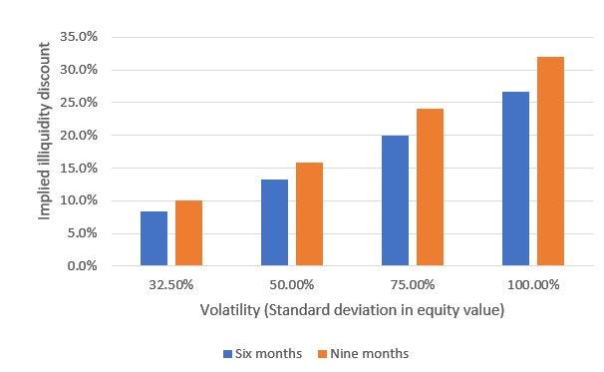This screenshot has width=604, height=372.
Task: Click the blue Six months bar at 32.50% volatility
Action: click(153, 238)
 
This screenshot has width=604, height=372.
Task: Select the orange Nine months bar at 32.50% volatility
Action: click(188, 232)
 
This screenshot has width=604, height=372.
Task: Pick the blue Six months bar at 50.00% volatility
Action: click(274, 222)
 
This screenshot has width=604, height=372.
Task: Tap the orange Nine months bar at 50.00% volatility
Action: click(309, 214)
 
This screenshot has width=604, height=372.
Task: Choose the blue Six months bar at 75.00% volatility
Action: click(396, 200)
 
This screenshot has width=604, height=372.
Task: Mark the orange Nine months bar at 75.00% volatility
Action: click(430, 187)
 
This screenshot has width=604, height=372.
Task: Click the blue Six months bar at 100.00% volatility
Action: click(515, 179)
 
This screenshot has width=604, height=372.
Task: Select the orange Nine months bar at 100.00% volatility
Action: click(550, 162)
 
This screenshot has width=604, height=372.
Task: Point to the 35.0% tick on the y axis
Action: click(79, 37)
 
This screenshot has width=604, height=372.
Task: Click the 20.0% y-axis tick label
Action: click(79, 136)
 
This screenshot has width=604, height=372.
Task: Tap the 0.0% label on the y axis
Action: click(82, 265)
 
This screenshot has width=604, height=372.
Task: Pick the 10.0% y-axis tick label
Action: click(79, 200)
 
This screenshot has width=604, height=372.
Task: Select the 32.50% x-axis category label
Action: click(171, 285)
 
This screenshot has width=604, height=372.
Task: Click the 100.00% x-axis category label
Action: click(533, 285)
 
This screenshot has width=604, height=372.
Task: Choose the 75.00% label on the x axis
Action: click(413, 285)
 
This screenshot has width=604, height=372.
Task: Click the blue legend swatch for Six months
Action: click(227, 354)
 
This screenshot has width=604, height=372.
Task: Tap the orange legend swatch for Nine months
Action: click(323, 354)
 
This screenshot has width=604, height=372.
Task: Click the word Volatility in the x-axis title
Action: click(230, 310)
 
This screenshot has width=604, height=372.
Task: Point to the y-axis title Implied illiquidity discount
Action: click(45, 131)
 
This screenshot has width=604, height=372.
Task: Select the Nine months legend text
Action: click(370, 353)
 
